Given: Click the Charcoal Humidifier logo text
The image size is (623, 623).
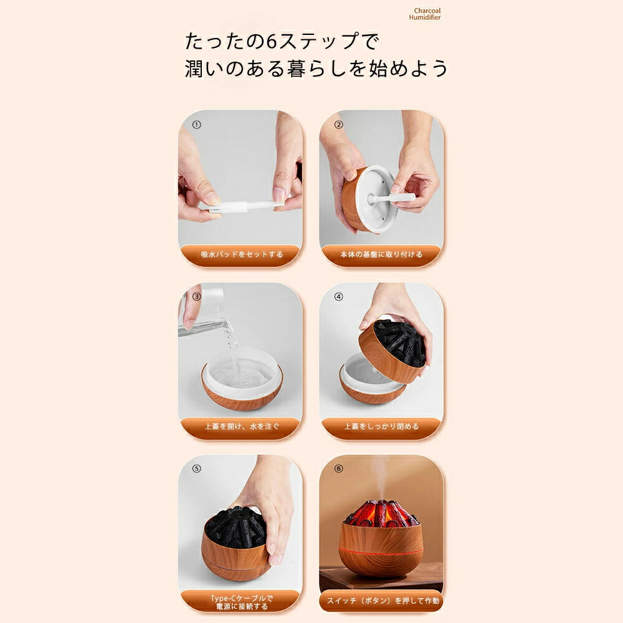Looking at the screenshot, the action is coord(425,14).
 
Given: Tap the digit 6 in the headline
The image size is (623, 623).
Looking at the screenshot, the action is coord(272,41).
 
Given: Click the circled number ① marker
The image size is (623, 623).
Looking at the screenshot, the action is coord(196,125).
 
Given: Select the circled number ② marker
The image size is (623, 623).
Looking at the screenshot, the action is coord(338,125).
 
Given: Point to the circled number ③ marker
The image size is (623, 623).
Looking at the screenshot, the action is coord(196,297).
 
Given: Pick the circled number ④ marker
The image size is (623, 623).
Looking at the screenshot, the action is coord(338,297).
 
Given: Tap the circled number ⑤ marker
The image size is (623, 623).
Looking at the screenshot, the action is coord(196,469).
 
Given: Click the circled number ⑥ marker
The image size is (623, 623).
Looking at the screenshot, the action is coord(338,469).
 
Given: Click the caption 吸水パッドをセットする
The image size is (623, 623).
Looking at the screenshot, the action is coord(242,254).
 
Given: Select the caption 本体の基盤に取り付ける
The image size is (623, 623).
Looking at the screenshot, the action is coord(381,254).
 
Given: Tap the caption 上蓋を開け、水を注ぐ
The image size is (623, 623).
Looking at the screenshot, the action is coord(242,426).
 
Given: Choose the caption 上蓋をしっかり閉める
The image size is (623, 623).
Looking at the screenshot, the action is coord(381,426).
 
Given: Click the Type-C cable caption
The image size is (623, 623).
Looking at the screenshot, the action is coord(242,602).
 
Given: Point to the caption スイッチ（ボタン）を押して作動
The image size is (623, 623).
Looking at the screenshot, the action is coord(383,601).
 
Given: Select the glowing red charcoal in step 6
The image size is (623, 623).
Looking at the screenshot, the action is coord(381,513).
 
